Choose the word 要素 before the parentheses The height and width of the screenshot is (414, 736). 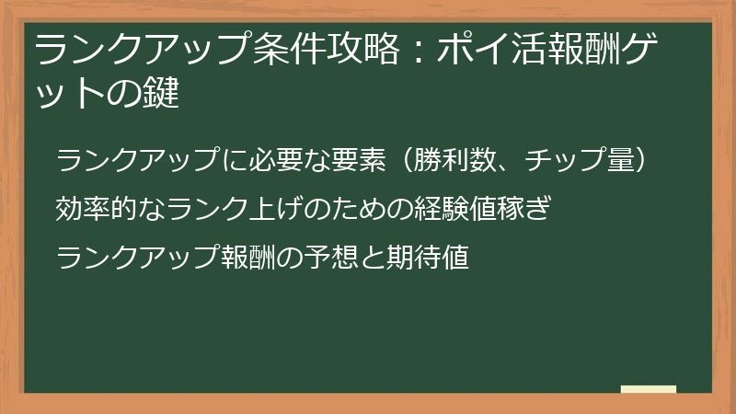(358, 159)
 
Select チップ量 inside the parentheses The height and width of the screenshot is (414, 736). (580, 159)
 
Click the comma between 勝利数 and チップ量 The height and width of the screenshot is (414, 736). (505, 167)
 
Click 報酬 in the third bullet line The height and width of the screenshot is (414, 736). (248, 258)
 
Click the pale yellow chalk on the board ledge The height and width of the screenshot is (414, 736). (649, 389)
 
